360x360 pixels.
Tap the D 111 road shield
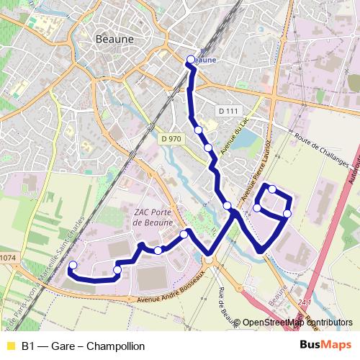228,110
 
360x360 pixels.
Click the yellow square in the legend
10,346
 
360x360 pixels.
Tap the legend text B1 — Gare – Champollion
83,346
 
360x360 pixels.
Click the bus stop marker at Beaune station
191,60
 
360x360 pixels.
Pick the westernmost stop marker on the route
72,266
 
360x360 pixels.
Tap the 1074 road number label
7,257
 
